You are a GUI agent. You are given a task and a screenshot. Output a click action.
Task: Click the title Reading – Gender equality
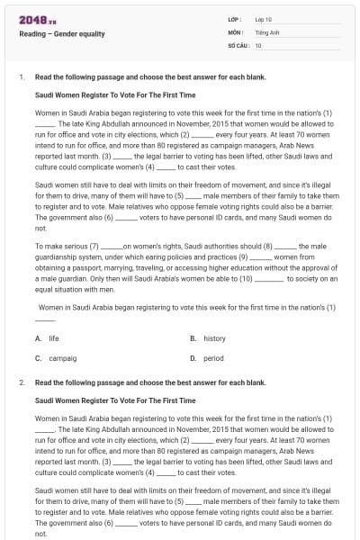[x=62, y=34]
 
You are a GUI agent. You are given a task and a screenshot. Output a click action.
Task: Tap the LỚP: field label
[x=236, y=18]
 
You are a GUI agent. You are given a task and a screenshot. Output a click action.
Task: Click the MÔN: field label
[x=236, y=31]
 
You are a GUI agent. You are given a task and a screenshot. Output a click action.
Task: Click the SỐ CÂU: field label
[x=238, y=45]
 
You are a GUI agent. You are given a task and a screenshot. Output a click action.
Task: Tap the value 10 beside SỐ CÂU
[x=258, y=45]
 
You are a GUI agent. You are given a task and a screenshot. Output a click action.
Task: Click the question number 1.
[x=21, y=77]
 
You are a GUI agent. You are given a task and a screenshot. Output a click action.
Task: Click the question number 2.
[x=21, y=382]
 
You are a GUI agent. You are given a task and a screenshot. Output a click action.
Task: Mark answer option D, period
[x=213, y=358]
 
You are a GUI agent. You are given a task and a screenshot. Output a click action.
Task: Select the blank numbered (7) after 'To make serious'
[x=110, y=245]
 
